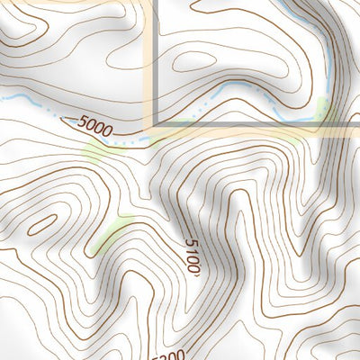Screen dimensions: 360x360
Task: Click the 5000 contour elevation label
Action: click(94, 127)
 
